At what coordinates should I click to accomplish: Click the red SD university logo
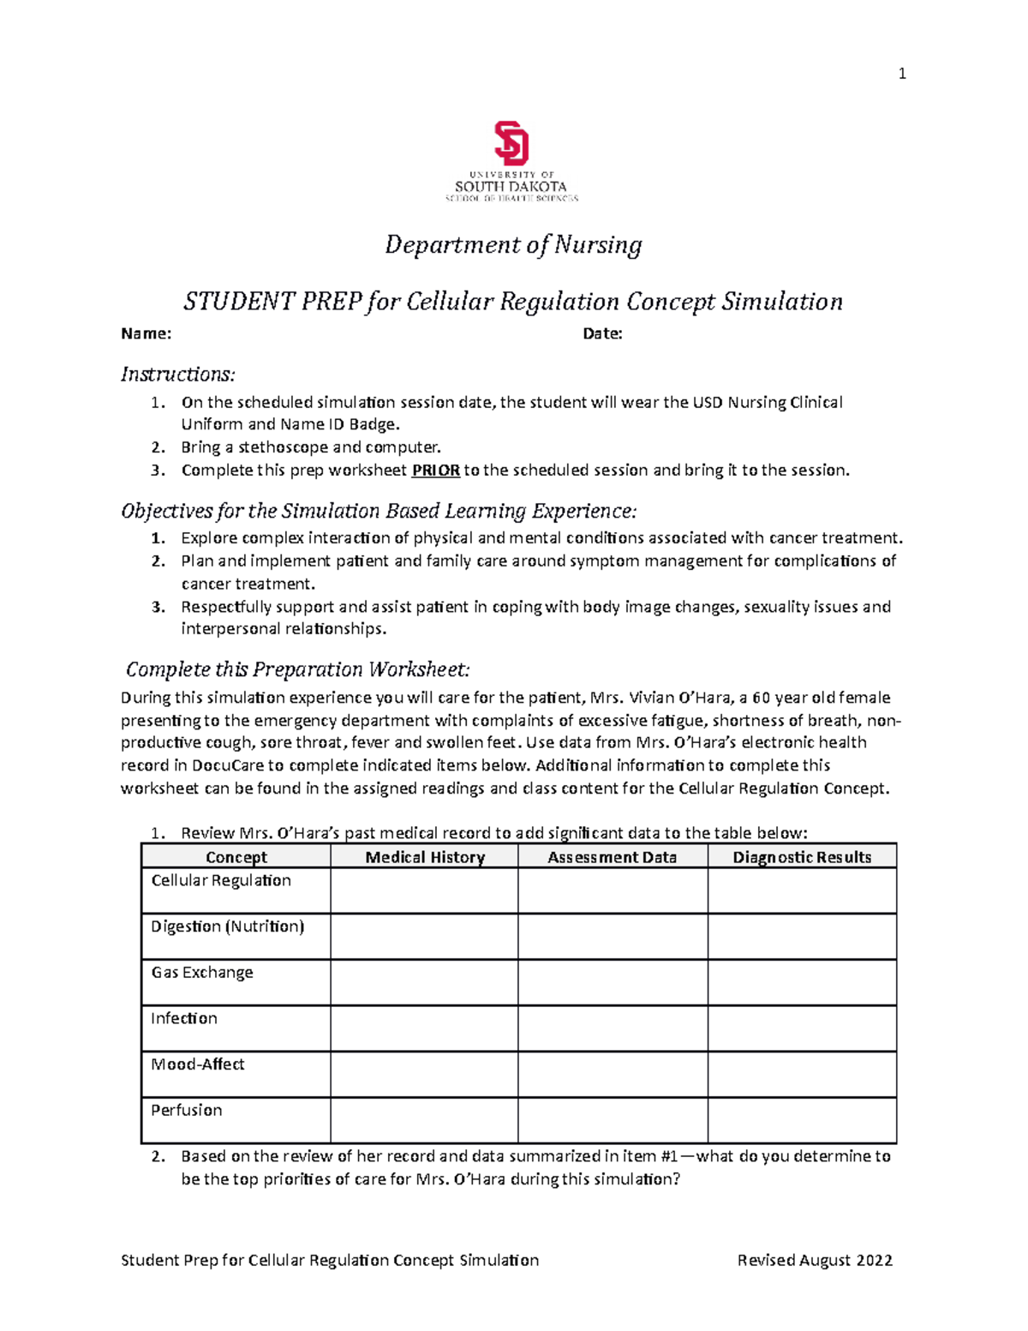[x=511, y=143]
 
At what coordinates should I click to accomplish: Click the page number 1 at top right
[x=901, y=74]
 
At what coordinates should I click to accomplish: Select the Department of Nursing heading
[x=513, y=245]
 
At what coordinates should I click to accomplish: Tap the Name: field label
[x=146, y=334]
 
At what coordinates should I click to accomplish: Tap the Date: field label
[x=602, y=334]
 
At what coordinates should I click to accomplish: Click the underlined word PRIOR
[x=436, y=471]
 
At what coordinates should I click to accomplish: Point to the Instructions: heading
[x=177, y=375]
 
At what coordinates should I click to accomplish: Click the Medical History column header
[x=425, y=857]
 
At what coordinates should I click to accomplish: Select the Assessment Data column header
[x=612, y=857]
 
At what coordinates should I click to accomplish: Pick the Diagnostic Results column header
[x=802, y=857]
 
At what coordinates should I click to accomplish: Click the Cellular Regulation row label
[x=221, y=881]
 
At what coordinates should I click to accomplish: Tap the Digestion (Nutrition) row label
[x=228, y=926]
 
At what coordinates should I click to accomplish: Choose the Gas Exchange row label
[x=202, y=973]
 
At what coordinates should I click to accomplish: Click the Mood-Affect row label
[x=198, y=1064]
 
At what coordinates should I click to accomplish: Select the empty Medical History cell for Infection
[x=424, y=1028]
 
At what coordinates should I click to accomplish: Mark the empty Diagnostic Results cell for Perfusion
[x=802, y=1120]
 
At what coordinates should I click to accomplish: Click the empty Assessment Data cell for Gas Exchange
[x=613, y=982]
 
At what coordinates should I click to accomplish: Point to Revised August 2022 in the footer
[x=815, y=1260]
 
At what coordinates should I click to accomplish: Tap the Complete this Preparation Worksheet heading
[x=297, y=669]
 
